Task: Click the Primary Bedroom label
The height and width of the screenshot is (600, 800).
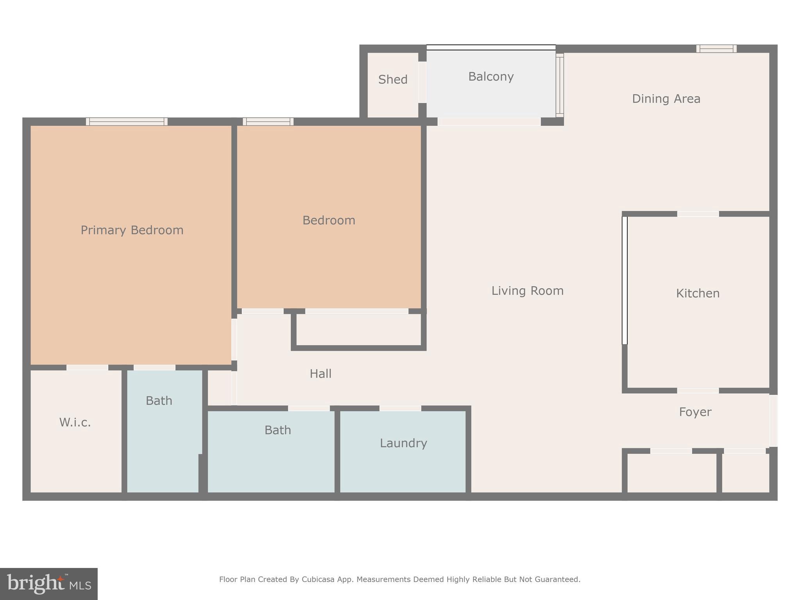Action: [132, 230]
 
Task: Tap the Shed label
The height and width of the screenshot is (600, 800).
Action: [393, 80]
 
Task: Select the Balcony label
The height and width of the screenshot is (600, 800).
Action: [491, 77]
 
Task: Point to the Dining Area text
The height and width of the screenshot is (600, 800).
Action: [666, 99]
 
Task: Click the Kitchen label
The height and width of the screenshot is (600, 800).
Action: [698, 293]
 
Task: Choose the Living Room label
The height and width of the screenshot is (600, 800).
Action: [527, 291]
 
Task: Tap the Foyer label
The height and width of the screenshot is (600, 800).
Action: [695, 412]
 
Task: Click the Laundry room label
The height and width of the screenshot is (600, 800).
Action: [403, 443]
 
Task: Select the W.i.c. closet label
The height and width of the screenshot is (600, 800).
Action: [75, 422]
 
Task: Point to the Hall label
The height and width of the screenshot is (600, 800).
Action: [320, 374]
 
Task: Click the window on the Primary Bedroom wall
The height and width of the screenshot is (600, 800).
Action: [127, 121]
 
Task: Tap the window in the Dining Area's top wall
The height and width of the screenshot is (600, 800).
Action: [716, 49]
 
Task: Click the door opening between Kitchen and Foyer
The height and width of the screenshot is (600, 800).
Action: [698, 391]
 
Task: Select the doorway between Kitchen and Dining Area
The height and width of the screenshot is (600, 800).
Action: [698, 214]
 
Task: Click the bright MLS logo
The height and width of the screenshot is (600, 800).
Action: [49, 584]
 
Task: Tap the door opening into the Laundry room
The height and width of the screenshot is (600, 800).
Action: [400, 408]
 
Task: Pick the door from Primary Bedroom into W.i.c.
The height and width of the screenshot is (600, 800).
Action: [87, 368]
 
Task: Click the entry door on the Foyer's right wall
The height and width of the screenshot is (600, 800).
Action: [773, 420]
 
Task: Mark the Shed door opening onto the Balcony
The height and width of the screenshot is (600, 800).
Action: [422, 82]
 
